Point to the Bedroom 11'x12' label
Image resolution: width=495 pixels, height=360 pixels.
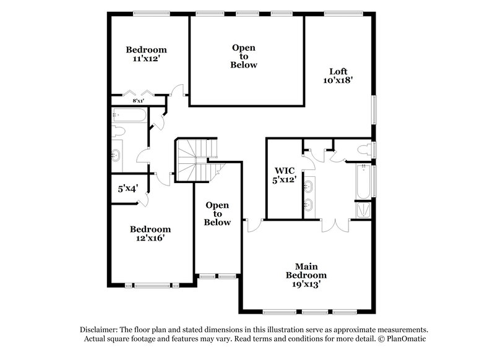coord(147,54)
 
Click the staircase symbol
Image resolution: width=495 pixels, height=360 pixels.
coord(195,159)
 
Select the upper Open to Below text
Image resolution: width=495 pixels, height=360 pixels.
coord(244,56)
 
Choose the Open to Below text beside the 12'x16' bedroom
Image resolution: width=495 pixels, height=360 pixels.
coord(218,214)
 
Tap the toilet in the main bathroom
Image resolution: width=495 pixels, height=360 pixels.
coord(365,149)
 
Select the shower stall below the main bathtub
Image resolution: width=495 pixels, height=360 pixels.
coord(363,210)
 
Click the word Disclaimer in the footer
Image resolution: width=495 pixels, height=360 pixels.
coord(101,330)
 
